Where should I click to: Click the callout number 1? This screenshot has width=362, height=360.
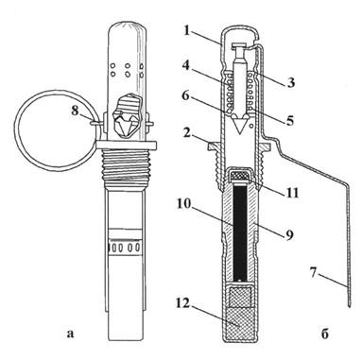(187, 30)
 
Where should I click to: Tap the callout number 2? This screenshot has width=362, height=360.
(187, 133)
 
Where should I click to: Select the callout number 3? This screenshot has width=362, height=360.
(291, 82)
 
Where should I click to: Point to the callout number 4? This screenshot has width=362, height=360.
(187, 66)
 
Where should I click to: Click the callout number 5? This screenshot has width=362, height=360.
(290, 120)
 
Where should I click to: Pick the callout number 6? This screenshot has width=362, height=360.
(186, 95)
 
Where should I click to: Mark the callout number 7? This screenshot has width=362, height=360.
(313, 273)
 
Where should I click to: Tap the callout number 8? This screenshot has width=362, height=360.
(75, 111)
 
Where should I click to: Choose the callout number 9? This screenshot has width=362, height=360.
(289, 234)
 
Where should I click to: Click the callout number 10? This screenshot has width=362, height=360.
(183, 204)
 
